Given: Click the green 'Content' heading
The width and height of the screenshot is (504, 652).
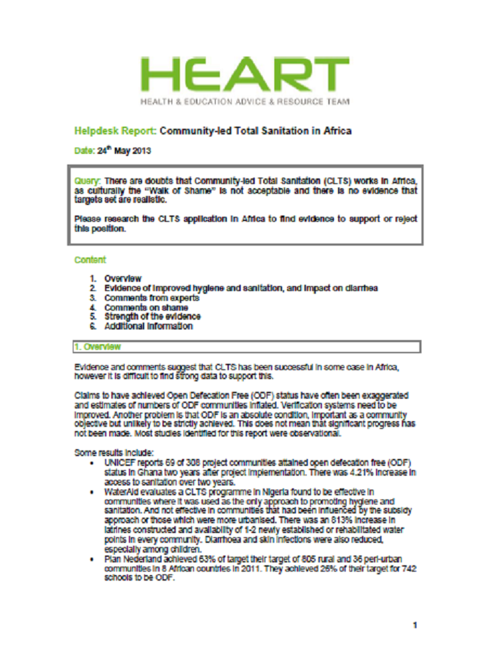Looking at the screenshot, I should pos(90,260).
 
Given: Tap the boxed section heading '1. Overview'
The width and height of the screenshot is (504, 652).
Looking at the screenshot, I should pos(99,347).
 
